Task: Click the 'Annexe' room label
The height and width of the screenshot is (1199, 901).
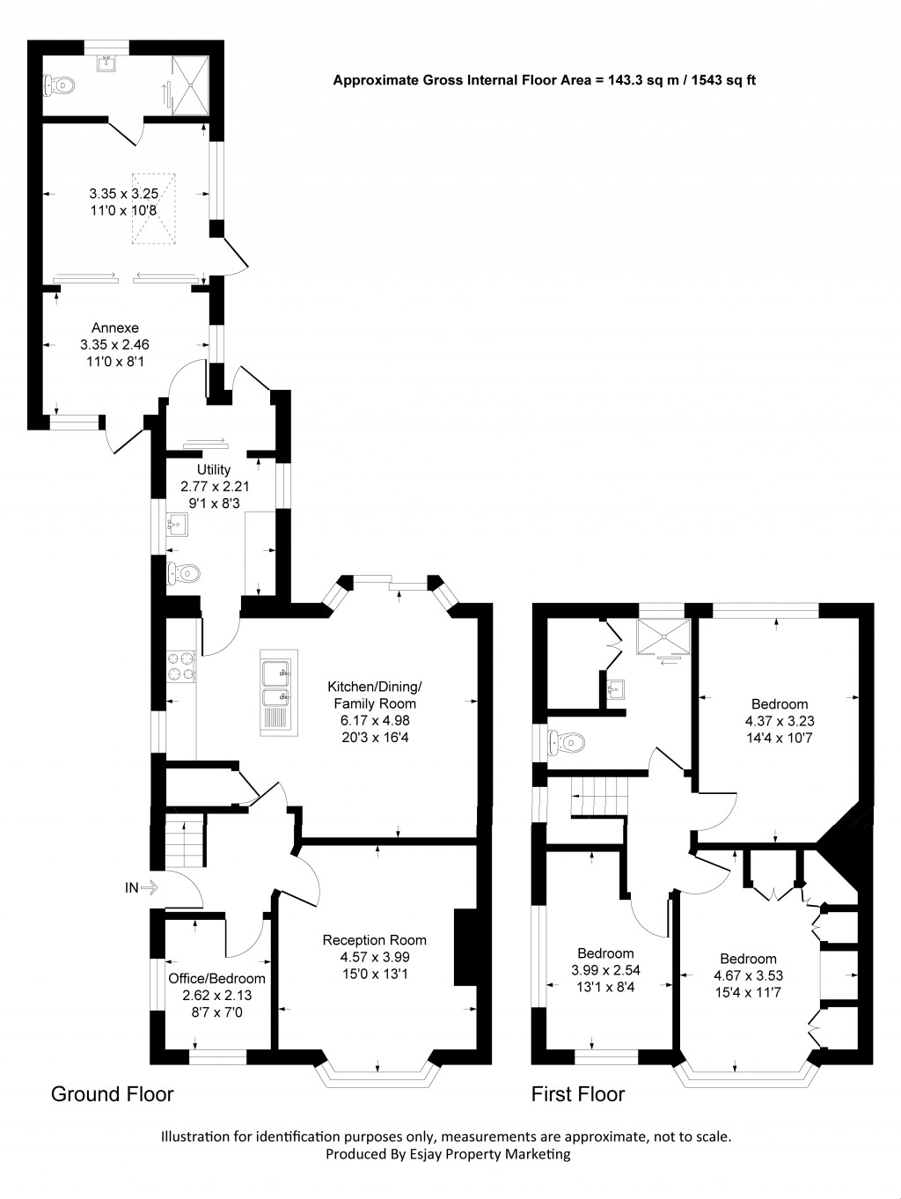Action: (114, 327)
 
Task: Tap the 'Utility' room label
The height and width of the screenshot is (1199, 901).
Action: (213, 469)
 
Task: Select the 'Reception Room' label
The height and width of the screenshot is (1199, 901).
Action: (374, 940)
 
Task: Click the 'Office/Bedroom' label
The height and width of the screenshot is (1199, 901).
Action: (216, 978)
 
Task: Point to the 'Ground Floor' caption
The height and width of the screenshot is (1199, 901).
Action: (112, 1094)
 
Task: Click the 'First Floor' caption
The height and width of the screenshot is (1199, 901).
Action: (577, 1094)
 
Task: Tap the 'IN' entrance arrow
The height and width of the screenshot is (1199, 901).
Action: (140, 887)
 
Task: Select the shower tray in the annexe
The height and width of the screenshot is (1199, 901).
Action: (191, 85)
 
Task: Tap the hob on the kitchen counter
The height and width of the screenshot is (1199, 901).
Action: (182, 666)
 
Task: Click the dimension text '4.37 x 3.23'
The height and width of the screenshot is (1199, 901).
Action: (779, 720)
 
